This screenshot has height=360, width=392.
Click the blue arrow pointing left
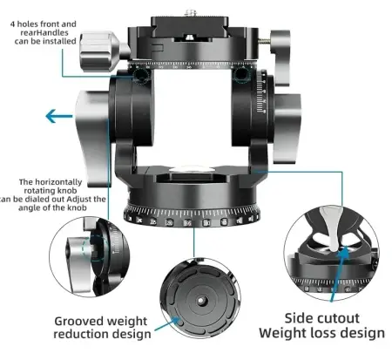pyautogui.click(x=59, y=116)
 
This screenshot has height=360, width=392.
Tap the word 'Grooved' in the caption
pyautogui.click(x=78, y=322)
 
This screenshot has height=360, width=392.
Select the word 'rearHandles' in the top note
pyautogui.click(x=44, y=32)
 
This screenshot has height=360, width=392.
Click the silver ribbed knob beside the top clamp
pyautogui.click(x=99, y=51)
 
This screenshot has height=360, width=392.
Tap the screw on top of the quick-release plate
pyautogui.click(x=191, y=13)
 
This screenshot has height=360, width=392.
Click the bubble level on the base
pyautogui.click(x=192, y=171)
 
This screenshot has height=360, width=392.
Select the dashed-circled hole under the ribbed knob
pyautogui.click(x=141, y=76)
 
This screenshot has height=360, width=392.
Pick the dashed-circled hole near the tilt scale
pyautogui.click(x=241, y=75)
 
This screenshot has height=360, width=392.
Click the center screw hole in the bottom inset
pyautogui.click(x=200, y=300)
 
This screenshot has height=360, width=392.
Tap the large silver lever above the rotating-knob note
pyautogui.click(x=93, y=138)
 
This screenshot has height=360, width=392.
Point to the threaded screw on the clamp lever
pyautogui.click(x=264, y=41)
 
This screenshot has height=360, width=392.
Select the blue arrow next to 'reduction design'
pyautogui.click(x=167, y=324)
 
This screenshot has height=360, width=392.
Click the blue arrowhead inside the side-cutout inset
pyautogui.click(x=344, y=252)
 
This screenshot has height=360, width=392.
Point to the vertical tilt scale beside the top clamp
pyautogui.click(x=260, y=92)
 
